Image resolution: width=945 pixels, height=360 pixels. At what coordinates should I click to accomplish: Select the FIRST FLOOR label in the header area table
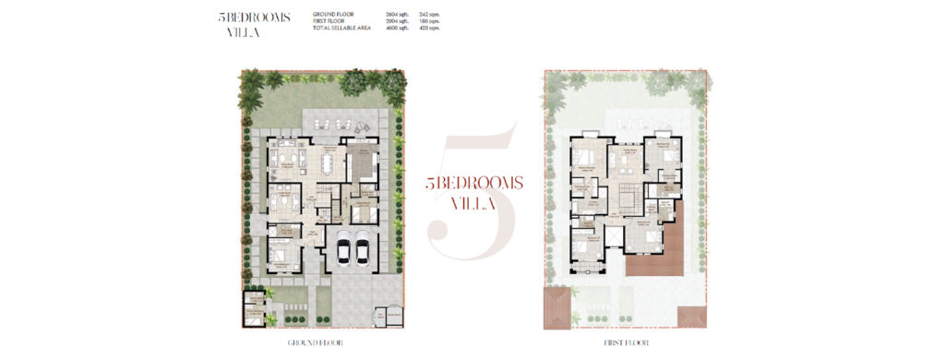tap(329, 21)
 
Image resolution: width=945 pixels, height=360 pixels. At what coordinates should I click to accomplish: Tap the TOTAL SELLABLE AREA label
tap(343, 28)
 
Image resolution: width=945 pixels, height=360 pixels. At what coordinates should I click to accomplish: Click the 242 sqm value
tap(429, 15)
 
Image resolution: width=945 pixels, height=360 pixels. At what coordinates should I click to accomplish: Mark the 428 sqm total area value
tap(429, 28)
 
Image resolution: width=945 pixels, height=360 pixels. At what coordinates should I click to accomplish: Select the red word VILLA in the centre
tap(474, 201)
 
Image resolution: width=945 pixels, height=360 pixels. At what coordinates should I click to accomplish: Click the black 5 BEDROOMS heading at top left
tap(257, 17)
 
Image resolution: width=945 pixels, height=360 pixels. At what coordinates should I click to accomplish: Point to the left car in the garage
tap(343, 249)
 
